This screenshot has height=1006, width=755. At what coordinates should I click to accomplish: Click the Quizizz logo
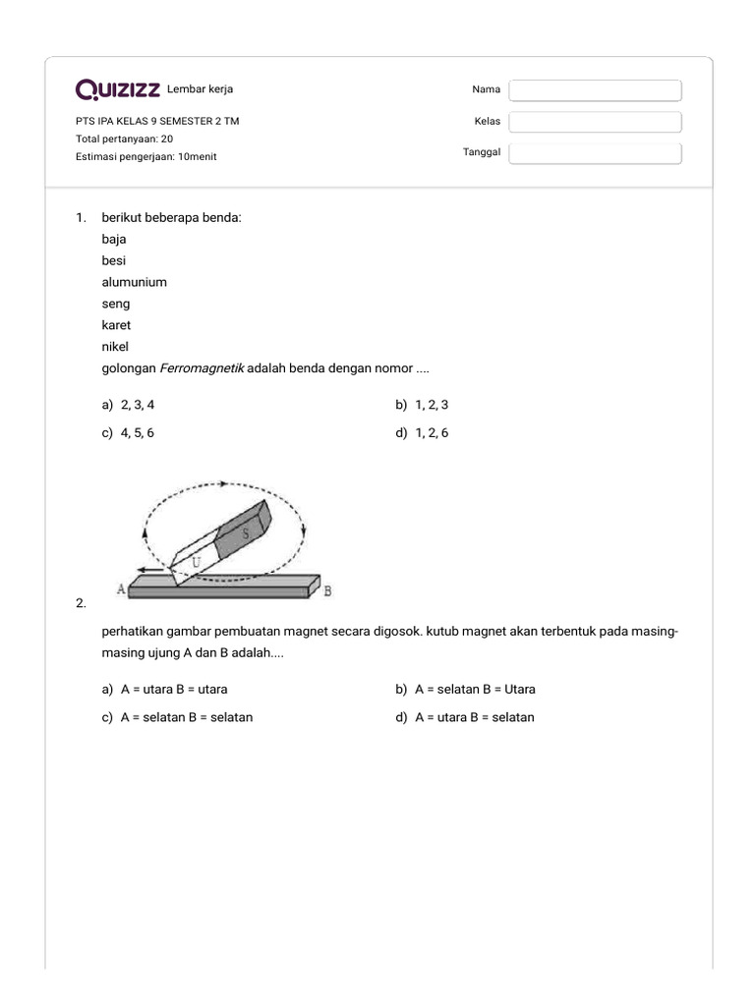[x=118, y=90]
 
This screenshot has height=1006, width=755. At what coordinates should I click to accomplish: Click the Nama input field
[x=595, y=90]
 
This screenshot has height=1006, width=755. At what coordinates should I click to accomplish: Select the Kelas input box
[x=595, y=122]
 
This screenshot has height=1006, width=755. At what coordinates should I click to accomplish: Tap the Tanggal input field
[x=595, y=153]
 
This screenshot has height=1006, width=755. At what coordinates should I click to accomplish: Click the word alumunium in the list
[x=134, y=282]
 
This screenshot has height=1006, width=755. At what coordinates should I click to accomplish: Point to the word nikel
[x=115, y=347]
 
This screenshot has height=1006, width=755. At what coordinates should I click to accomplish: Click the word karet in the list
[x=116, y=325]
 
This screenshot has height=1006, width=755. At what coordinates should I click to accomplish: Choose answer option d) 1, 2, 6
[x=422, y=433]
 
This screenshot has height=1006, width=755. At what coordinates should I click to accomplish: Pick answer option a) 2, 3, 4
[x=128, y=405]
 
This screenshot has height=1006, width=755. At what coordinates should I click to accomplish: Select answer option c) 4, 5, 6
[x=128, y=433]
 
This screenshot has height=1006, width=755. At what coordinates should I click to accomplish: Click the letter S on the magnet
[x=246, y=531]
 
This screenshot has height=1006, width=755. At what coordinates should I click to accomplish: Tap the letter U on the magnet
[x=198, y=560]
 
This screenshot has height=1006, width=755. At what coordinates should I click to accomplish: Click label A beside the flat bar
[x=121, y=588]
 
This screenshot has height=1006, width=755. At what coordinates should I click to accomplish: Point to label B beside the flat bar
[x=327, y=590]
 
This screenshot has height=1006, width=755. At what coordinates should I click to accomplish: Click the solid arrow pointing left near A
[x=151, y=569]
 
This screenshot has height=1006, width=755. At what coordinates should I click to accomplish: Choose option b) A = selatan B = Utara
[x=465, y=690]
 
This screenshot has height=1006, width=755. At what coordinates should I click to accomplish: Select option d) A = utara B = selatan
[x=464, y=717]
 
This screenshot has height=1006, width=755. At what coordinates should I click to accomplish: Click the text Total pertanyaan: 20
[x=124, y=139]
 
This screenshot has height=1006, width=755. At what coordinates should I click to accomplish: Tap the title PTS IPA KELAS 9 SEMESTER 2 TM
[x=157, y=122]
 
